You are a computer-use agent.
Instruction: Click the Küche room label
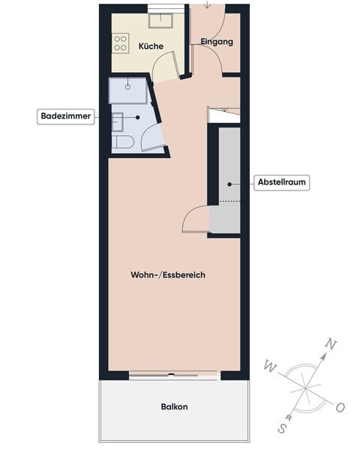coord(151,46)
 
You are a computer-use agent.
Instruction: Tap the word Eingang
coord(217,42)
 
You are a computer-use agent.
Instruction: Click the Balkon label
coord(174,407)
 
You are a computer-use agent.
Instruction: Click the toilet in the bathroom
coord(123,142)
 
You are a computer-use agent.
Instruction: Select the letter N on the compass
coord(328,344)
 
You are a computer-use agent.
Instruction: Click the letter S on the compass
coord(283,428)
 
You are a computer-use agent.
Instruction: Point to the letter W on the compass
coord(270,366)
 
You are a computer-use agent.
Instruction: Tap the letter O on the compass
coord(340,407)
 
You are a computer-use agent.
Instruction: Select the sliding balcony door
coord(174,373)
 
